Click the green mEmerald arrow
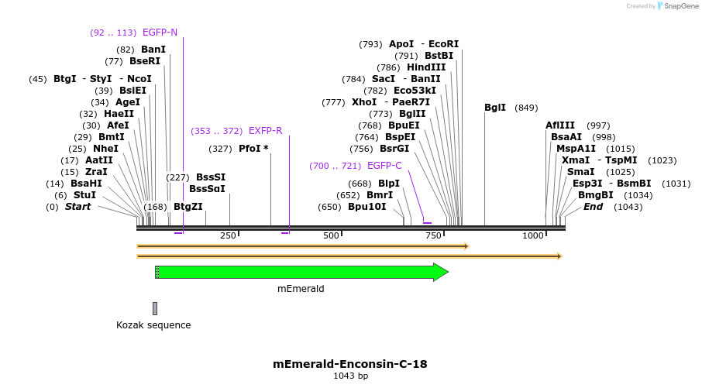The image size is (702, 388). tap(302, 272)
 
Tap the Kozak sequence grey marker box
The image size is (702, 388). tap(155, 308)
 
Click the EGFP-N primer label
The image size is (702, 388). tap(160, 33)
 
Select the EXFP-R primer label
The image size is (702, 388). tap(265, 131)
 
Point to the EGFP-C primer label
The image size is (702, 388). tap(384, 166)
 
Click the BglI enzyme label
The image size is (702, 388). tap(495, 108)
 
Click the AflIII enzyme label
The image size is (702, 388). tap(560, 125)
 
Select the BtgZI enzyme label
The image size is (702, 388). tap(188, 207)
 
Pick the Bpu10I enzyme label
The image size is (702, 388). tap(366, 207)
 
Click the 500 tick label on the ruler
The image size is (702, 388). tap(332, 235)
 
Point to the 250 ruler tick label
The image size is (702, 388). tap(228, 235)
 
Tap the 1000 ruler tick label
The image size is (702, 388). tap(533, 235)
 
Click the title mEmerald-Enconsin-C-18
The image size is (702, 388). tap(350, 363)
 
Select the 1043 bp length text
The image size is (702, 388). tap(350, 376)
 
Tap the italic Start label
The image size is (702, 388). tap(77, 207)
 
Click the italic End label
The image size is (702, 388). tap(593, 207)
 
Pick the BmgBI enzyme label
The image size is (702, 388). tap(595, 195)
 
